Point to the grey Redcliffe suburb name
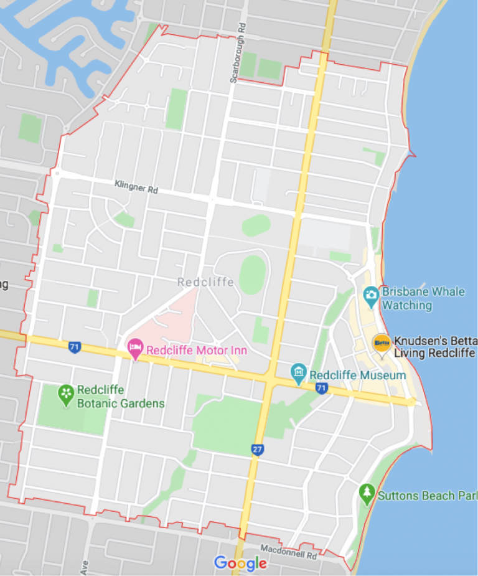(x=205, y=282)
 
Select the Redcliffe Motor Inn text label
(x=196, y=351)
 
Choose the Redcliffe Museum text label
(x=357, y=375)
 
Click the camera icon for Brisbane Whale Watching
(x=371, y=295)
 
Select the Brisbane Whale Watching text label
(x=423, y=298)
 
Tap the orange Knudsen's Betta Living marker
(x=382, y=343)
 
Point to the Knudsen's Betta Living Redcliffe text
(x=434, y=347)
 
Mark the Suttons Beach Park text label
(x=428, y=496)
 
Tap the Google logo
(x=240, y=564)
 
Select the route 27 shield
(x=258, y=449)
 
